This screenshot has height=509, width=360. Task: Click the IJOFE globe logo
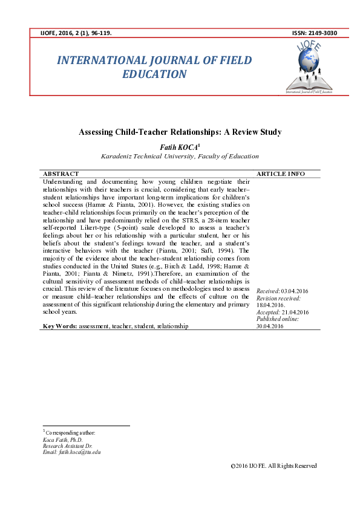click(309, 63)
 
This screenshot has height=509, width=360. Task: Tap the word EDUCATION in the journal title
click(154, 74)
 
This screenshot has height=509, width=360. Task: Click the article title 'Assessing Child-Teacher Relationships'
click(180, 132)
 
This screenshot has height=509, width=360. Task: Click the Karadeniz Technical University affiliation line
click(180, 156)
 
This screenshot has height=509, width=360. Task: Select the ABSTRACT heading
click(61, 173)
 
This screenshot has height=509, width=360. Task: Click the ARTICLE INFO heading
click(281, 173)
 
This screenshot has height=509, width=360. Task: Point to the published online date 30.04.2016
click(270, 326)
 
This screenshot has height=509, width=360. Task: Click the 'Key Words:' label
click(59, 326)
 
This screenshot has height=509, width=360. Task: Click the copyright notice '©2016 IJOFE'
click(273, 465)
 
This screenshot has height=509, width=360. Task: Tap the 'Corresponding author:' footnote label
click(70, 433)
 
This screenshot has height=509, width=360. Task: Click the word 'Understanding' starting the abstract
click(61, 181)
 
